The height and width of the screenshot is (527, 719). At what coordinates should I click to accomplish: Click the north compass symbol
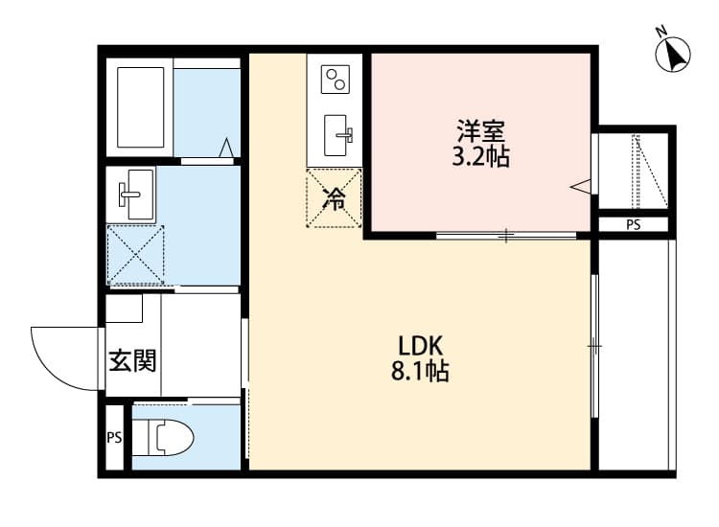click(674, 53)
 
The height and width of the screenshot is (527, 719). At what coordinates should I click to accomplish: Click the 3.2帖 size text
click(479, 157)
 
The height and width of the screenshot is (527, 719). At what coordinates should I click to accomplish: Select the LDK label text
click(419, 346)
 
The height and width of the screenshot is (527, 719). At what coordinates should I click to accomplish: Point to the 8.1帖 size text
click(419, 371)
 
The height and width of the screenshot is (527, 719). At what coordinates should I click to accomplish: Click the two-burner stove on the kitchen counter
click(335, 79)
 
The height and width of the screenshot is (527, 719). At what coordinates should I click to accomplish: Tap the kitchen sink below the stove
click(337, 135)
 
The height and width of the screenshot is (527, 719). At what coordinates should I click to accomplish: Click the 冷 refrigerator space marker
click(335, 199)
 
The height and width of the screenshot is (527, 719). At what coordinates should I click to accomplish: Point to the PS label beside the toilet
click(114, 439)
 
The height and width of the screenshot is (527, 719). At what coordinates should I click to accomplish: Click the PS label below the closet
click(633, 225)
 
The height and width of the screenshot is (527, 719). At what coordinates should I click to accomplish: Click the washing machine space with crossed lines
click(135, 255)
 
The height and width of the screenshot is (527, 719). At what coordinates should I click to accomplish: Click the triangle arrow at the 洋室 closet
click(580, 185)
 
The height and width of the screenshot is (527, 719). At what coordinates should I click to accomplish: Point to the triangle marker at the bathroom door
click(226, 148)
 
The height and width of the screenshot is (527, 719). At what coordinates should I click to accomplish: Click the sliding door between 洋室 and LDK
click(506, 235)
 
